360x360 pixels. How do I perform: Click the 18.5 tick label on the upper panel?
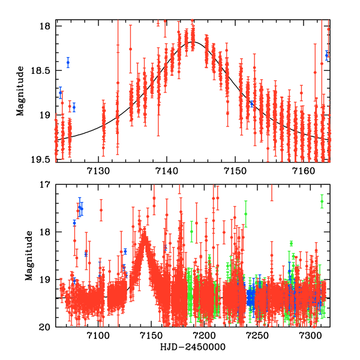click(41, 71)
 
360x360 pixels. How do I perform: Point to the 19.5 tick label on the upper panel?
click(41, 160)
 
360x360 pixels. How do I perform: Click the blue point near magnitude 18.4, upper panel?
click(68, 62)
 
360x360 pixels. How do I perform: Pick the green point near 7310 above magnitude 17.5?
click(322, 202)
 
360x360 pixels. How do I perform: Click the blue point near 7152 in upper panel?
click(251, 103)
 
